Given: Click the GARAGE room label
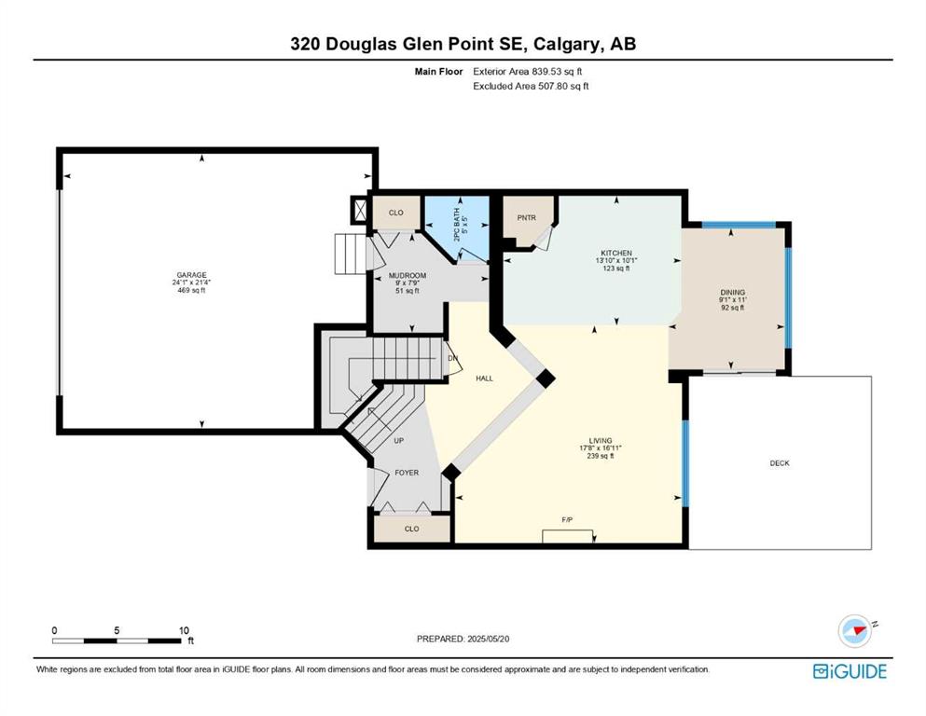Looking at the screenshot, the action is [x=192, y=275].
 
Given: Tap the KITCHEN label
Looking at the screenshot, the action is [x=616, y=254].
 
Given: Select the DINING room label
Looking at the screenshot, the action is [x=732, y=292].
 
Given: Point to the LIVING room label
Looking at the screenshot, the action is [x=600, y=440].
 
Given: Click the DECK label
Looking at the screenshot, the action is [x=780, y=463].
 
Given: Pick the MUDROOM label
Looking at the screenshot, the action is [x=407, y=276].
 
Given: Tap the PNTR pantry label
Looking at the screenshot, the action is [x=526, y=218].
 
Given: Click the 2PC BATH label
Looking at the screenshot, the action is [x=456, y=225].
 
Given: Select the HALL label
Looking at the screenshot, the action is [x=484, y=379].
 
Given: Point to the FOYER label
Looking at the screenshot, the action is [x=407, y=473].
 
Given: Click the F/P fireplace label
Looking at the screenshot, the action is [x=567, y=519].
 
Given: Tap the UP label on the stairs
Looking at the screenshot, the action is [x=398, y=441].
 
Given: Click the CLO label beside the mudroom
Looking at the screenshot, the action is [x=395, y=213].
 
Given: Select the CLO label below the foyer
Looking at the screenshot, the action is [x=411, y=529].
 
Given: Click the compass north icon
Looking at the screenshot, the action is [x=855, y=630].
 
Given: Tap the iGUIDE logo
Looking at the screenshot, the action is [x=850, y=671].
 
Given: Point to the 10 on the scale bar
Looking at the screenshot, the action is [x=184, y=630].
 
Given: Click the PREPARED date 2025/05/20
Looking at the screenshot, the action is [x=488, y=639].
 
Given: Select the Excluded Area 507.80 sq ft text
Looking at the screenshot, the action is [x=531, y=86].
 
